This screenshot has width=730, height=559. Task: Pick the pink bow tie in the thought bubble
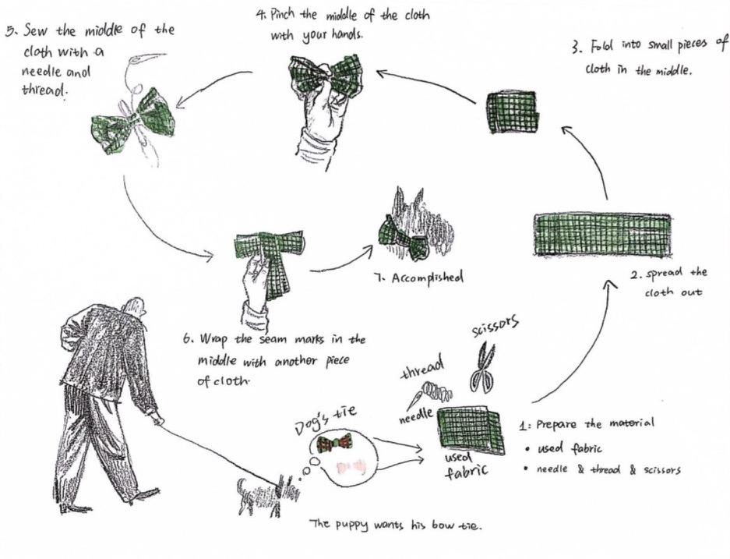[x=350, y=466]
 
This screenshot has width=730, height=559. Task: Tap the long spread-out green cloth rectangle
[x=603, y=235]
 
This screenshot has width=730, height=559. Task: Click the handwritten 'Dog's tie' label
[x=325, y=419]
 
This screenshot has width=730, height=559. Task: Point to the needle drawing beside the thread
[x=418, y=398]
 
